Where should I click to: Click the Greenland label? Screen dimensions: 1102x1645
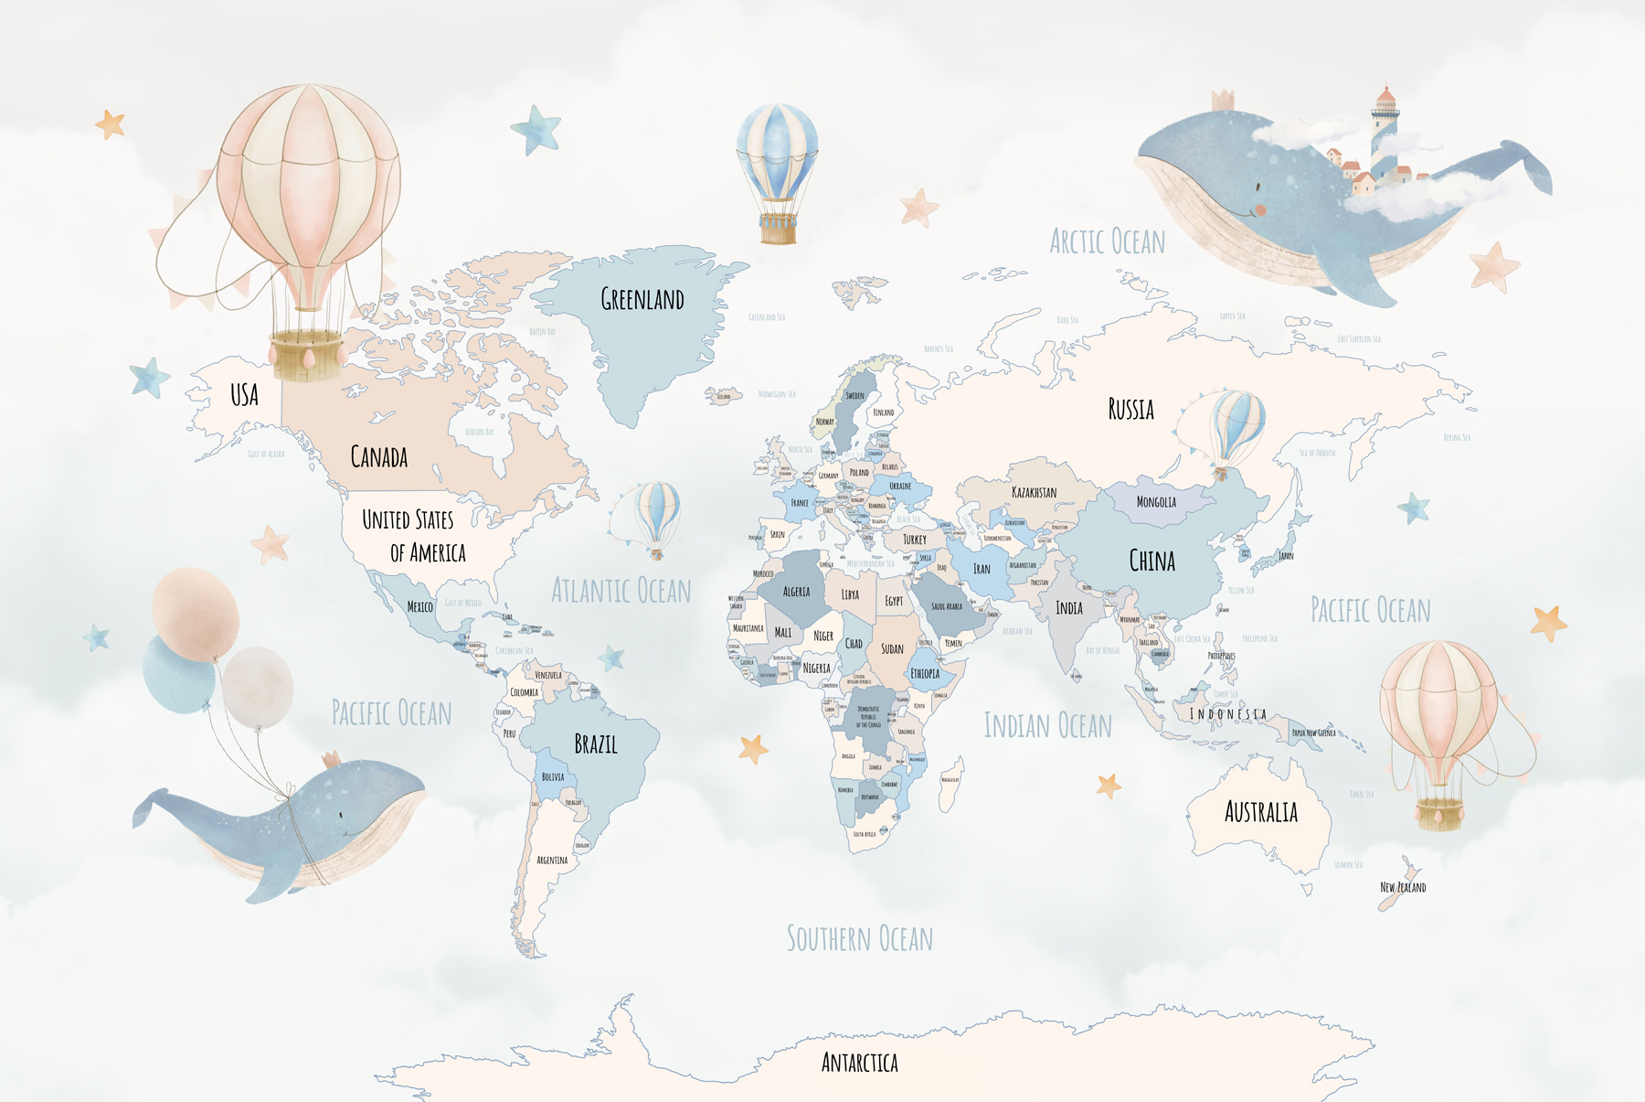(642, 299)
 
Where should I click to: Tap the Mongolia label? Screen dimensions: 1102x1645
(1156, 502)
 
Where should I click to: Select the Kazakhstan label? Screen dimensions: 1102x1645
(1034, 492)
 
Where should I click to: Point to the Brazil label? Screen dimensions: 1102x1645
(596, 744)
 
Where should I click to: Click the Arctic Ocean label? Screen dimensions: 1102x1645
(1107, 242)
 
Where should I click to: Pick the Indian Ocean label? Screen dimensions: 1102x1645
(1047, 726)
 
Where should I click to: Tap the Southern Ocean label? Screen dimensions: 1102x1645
(859, 939)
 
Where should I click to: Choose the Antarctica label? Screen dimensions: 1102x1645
(859, 1063)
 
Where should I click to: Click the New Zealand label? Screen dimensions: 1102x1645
(1402, 887)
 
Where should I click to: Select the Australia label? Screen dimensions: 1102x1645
(1260, 812)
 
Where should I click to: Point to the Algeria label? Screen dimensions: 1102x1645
(796, 592)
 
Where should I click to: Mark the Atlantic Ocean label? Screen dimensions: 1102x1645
(621, 591)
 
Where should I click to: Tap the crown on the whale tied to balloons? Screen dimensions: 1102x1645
(331, 758)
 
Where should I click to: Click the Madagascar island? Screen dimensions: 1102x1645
(951, 782)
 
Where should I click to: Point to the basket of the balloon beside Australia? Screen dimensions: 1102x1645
(1439, 812)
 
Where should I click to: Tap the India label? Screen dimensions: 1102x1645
(1069, 608)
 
